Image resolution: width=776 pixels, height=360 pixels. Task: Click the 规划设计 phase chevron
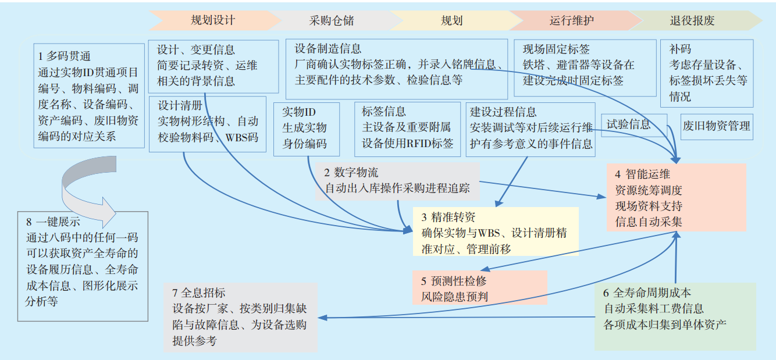213,20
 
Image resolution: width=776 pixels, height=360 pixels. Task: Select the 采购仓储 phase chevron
332,21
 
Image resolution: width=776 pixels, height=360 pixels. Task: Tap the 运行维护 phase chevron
572,21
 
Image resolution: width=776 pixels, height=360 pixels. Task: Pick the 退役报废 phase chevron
692,21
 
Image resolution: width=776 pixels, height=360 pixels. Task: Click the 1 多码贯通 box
89,96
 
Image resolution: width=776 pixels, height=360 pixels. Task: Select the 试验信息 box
633,124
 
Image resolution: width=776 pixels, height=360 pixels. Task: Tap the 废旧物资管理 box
717,126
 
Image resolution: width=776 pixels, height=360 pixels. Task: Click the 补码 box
706,73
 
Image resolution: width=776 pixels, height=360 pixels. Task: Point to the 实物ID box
306,128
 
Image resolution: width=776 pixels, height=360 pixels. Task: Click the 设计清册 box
208,123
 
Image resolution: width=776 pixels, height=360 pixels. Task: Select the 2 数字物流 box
398,181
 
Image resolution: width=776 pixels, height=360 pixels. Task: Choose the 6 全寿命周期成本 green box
675,316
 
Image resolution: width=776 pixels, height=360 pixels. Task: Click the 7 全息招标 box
241,316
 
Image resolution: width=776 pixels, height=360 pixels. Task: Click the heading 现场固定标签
557,49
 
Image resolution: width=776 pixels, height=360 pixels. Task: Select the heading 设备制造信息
328,49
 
